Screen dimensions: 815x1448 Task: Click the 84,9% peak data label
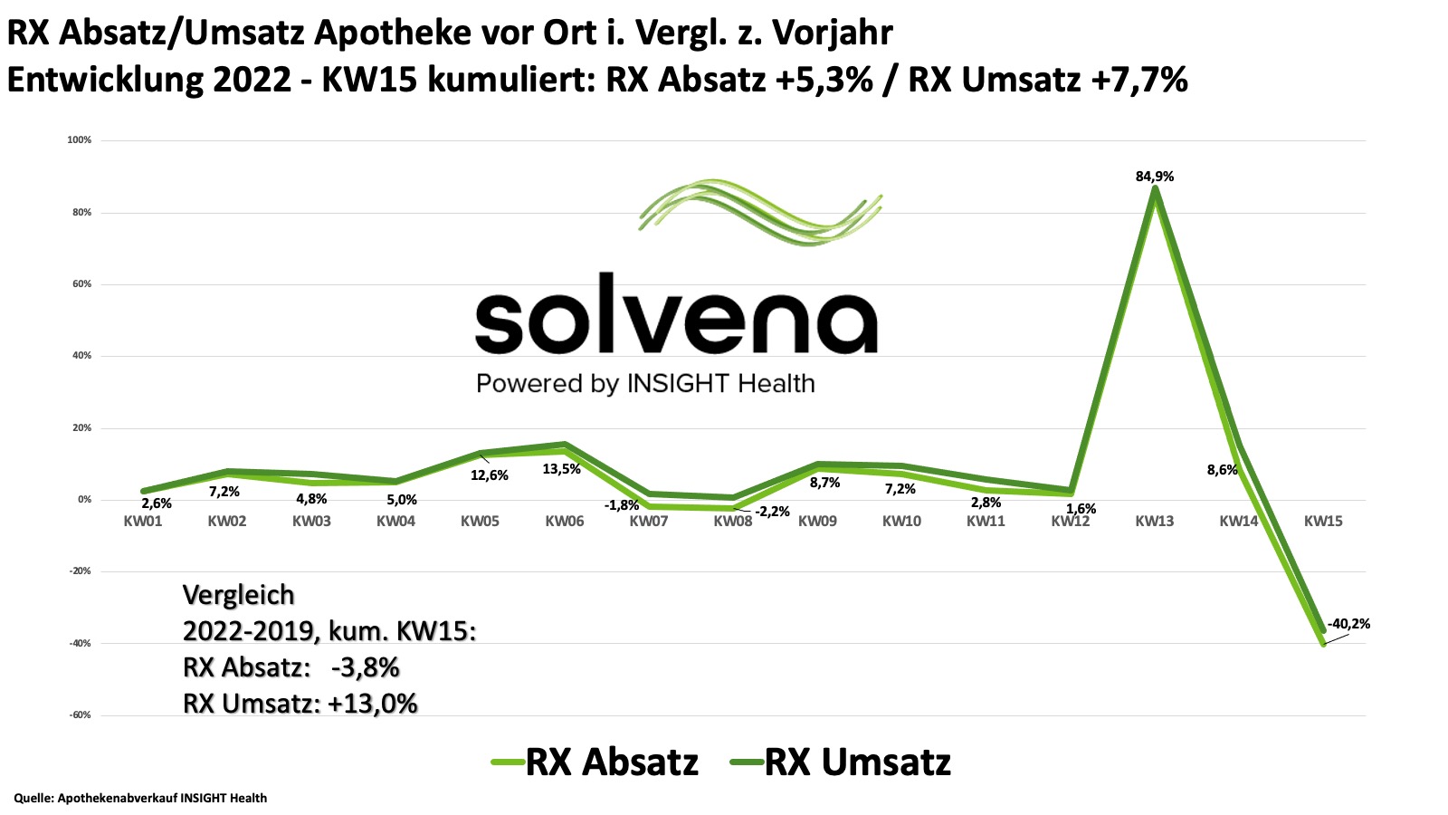tap(1154, 177)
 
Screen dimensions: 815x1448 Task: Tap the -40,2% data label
tap(1348, 624)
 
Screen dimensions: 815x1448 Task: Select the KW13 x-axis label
tap(1154, 522)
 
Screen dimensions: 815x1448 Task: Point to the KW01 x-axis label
tap(143, 522)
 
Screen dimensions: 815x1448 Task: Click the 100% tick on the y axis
tap(80, 140)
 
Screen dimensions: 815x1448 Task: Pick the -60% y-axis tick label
tap(80, 715)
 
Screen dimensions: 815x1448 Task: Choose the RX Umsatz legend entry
tap(842, 762)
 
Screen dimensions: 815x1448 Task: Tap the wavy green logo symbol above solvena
tap(760, 213)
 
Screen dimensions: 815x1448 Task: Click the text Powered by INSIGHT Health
tap(645, 384)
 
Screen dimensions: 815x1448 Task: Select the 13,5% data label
tap(561, 469)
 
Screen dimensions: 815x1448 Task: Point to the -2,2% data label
tap(771, 512)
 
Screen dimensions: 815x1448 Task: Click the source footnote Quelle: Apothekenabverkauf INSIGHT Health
tap(140, 798)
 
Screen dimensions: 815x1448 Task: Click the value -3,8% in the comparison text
tap(365, 667)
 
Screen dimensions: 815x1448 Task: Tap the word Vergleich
tap(239, 595)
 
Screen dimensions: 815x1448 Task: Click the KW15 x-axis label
tap(1323, 522)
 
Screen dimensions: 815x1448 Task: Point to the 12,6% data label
tap(489, 475)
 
